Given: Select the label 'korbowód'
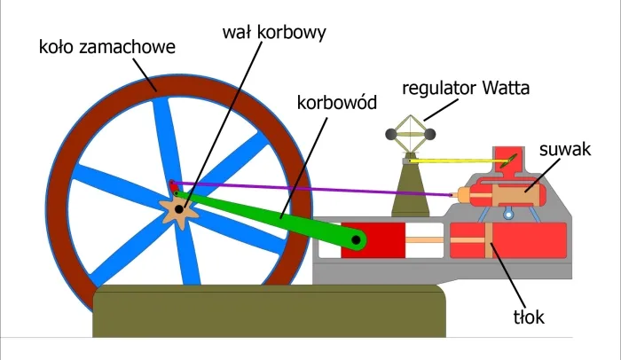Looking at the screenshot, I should tap(337, 102).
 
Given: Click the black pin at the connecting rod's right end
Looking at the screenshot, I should tap(357, 239).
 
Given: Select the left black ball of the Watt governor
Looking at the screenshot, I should tap(389, 134).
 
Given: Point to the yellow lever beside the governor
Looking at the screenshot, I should tap(461, 162).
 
